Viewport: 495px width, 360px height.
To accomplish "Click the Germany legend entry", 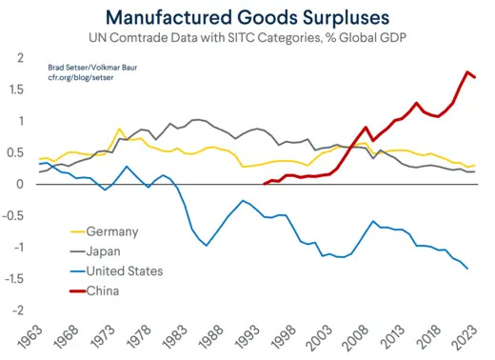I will tap(112, 231).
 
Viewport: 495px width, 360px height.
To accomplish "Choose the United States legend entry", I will tap(124, 270).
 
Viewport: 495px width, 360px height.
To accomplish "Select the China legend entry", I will tap(104, 290).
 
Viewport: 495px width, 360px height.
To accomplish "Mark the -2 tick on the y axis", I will tap(16, 310).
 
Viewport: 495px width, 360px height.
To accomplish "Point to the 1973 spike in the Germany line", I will tap(119, 129).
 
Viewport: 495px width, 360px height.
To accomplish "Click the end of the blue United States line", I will tap(467, 269).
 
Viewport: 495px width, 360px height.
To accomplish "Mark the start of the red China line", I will tap(264, 184).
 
